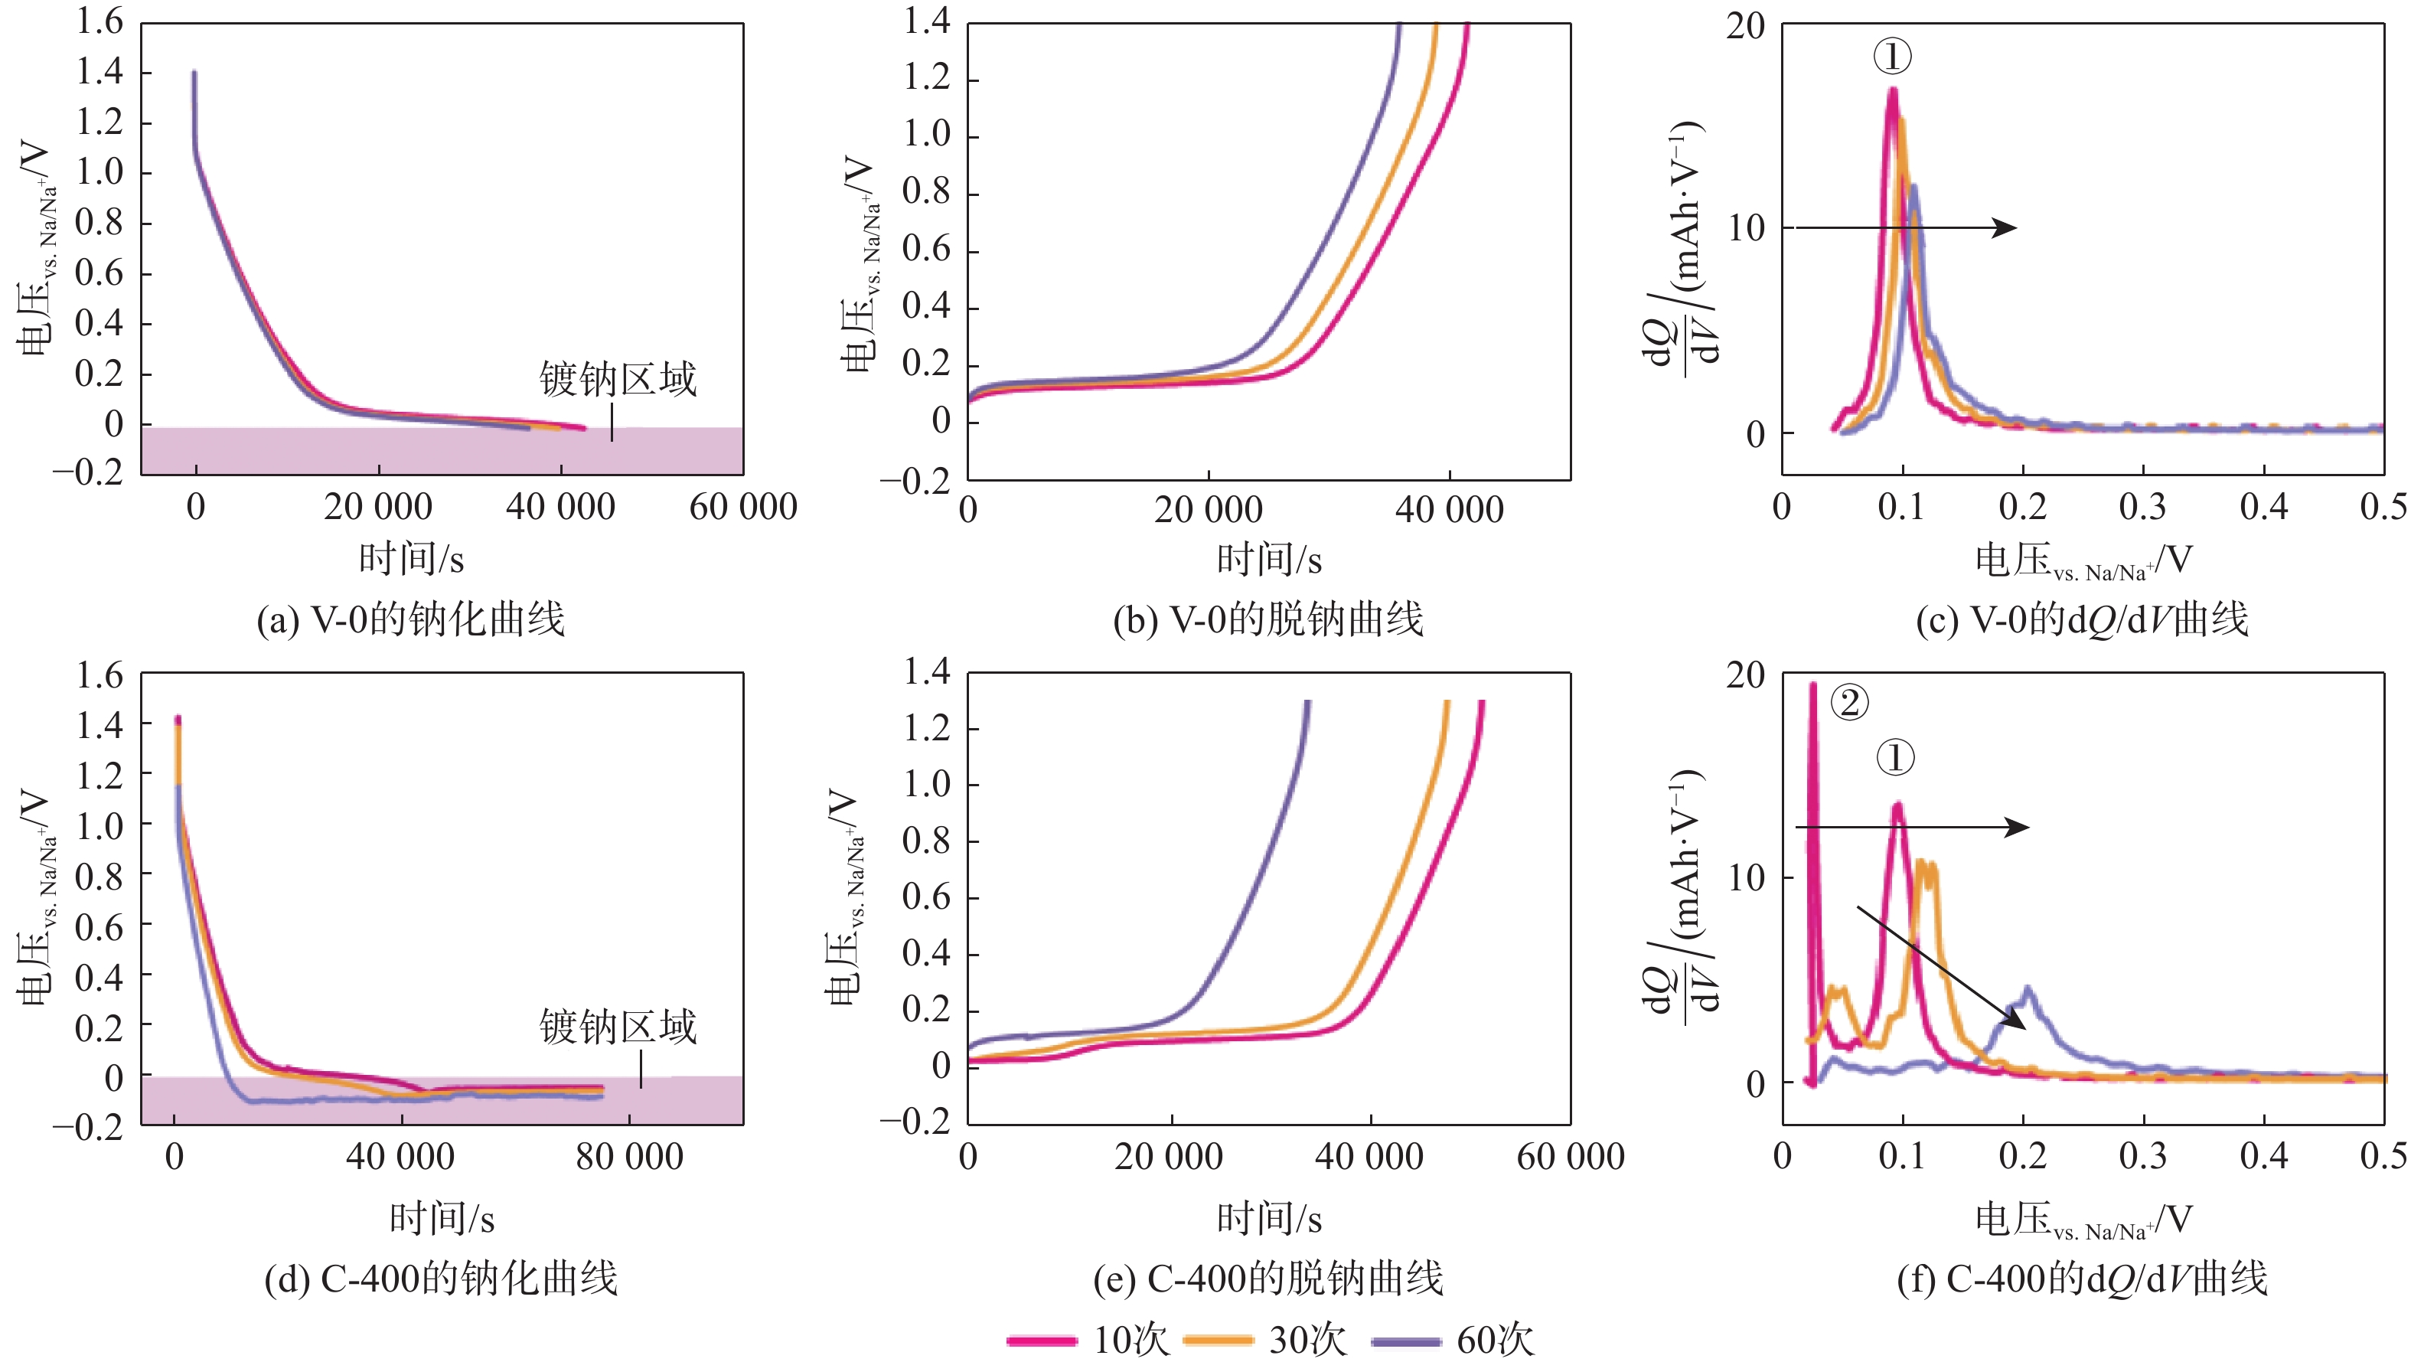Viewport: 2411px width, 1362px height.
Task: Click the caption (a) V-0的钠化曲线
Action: [x=411, y=619]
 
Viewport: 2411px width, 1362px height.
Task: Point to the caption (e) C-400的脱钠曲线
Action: [x=1269, y=1279]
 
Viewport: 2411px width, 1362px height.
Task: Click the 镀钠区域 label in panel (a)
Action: [x=618, y=379]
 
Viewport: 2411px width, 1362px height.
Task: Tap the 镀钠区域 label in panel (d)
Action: [x=618, y=1027]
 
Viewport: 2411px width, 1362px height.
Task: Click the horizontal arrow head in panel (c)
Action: [x=2007, y=227]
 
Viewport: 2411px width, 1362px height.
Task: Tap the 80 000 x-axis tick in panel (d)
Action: [x=629, y=1157]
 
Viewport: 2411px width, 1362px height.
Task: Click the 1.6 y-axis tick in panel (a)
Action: [x=100, y=22]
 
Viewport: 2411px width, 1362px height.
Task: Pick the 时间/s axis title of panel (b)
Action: [x=1269, y=560]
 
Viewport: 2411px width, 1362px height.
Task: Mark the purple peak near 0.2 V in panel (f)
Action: [x=2028, y=988]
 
